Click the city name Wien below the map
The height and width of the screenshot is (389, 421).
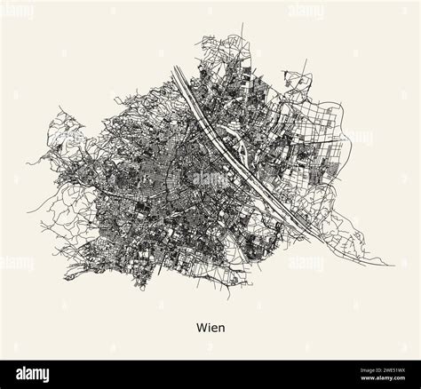(x=210, y=327)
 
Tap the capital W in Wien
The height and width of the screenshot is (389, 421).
(x=202, y=327)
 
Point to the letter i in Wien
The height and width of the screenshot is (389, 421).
(x=209, y=327)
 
